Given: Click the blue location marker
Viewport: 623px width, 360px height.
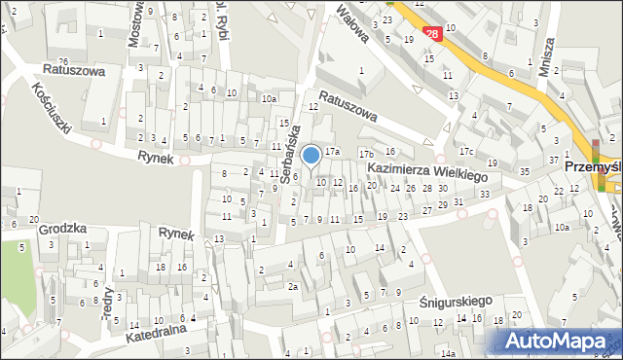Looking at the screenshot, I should [x=311, y=155].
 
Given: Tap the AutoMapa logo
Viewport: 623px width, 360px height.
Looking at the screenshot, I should [x=560, y=342].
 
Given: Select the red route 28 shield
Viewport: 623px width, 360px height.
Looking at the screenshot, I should [x=433, y=33].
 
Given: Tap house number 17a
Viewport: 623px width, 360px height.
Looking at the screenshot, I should [x=332, y=151].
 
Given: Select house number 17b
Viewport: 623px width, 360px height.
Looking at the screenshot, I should [x=366, y=154].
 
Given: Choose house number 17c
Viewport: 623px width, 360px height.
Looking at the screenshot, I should [x=467, y=151].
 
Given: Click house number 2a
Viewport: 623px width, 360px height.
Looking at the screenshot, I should [x=292, y=286].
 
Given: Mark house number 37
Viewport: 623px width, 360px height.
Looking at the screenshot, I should [x=553, y=160].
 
